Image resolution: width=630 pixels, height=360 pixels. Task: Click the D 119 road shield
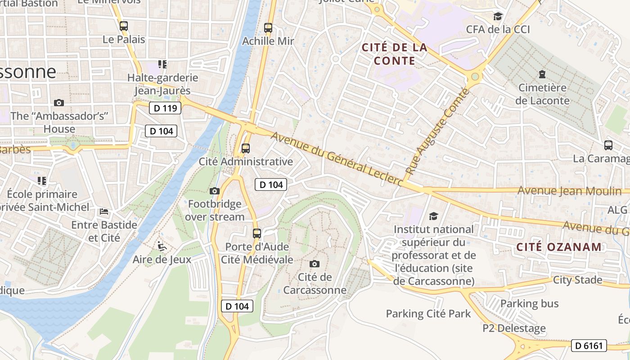pyautogui.click(x=165, y=108)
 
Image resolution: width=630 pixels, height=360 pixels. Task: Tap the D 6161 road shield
pyautogui.click(x=589, y=346)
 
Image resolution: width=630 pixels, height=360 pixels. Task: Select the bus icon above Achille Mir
pyautogui.click(x=268, y=28)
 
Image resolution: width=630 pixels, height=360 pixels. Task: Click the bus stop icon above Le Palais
pyautogui.click(x=124, y=26)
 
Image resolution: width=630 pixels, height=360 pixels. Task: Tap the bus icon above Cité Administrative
pyautogui.click(x=246, y=148)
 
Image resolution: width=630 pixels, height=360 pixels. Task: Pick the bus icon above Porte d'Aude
pyautogui.click(x=257, y=233)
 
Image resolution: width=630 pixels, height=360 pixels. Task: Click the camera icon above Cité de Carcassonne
pyautogui.click(x=315, y=264)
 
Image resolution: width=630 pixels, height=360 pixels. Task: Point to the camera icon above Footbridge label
pyautogui.click(x=215, y=191)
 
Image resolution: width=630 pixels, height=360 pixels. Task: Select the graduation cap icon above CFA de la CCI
pyautogui.click(x=498, y=17)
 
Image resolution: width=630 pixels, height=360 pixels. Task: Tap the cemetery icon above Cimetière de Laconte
pyautogui.click(x=542, y=74)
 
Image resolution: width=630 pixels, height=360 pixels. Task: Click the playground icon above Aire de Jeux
pyautogui.click(x=161, y=246)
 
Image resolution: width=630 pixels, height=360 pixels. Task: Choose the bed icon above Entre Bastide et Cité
pyautogui.click(x=104, y=211)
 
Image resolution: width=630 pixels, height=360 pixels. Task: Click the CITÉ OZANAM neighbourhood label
pyautogui.click(x=559, y=247)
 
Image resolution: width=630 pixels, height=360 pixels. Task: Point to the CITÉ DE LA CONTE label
pyautogui.click(x=394, y=54)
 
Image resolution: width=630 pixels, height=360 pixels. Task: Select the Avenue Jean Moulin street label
pyautogui.click(x=569, y=191)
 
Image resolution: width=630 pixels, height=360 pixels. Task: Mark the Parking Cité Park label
pyautogui.click(x=428, y=314)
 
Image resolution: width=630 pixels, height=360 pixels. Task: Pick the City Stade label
pyautogui.click(x=577, y=280)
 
